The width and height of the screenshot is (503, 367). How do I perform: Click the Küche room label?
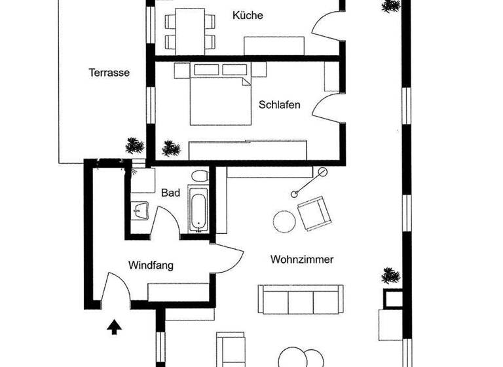[248, 15]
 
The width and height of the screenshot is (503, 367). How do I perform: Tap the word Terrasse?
[109, 73]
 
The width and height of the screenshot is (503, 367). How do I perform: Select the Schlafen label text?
[280, 104]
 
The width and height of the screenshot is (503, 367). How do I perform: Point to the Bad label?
[170, 193]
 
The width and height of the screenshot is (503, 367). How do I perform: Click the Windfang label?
[151, 265]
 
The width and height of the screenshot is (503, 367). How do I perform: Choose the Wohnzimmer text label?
[302, 260]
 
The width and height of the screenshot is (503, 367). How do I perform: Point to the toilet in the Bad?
[201, 176]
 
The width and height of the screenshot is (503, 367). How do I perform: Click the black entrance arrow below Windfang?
[115, 324]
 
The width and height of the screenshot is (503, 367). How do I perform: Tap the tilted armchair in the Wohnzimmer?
[313, 214]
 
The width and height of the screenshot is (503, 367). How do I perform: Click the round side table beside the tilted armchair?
[285, 222]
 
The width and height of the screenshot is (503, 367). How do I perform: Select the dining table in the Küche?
[190, 31]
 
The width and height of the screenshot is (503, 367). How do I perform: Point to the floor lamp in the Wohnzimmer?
[308, 182]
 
